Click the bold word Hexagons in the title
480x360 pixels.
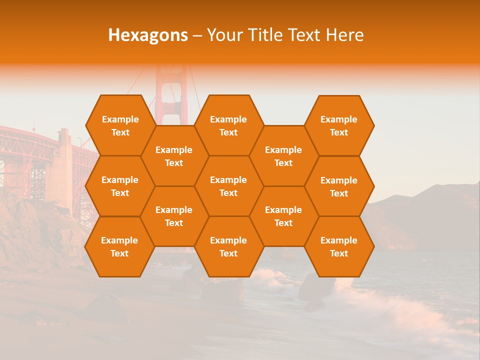[x=148, y=35]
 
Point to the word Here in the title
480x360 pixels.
[x=345, y=35]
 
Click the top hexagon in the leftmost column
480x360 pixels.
[x=120, y=125]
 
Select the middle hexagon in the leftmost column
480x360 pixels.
[x=120, y=186]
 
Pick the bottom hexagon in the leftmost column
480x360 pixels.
[x=119, y=246]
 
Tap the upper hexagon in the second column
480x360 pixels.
[x=174, y=156]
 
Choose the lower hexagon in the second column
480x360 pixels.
[x=174, y=216]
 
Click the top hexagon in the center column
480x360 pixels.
[x=228, y=125]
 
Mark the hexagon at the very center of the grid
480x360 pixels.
[x=228, y=186]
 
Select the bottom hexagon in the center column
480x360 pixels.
[x=228, y=246]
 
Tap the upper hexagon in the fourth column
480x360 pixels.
[x=283, y=156]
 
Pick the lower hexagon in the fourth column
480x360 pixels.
[x=283, y=216]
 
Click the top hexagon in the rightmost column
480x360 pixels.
[x=339, y=125]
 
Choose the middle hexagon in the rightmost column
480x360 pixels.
[x=339, y=186]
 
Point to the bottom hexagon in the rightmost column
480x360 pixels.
[x=339, y=246]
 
